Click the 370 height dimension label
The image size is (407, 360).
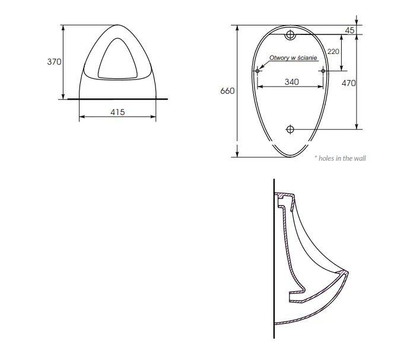point(54,62)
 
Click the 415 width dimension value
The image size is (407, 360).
point(117,112)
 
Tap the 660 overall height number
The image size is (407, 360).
point(227,91)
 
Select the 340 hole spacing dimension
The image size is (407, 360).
point(292,82)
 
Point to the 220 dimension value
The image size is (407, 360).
point(333,52)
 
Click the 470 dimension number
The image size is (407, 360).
point(349,83)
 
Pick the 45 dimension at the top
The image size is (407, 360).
point(349,30)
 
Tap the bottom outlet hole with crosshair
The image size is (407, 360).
point(290,129)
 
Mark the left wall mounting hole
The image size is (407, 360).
point(257,71)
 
